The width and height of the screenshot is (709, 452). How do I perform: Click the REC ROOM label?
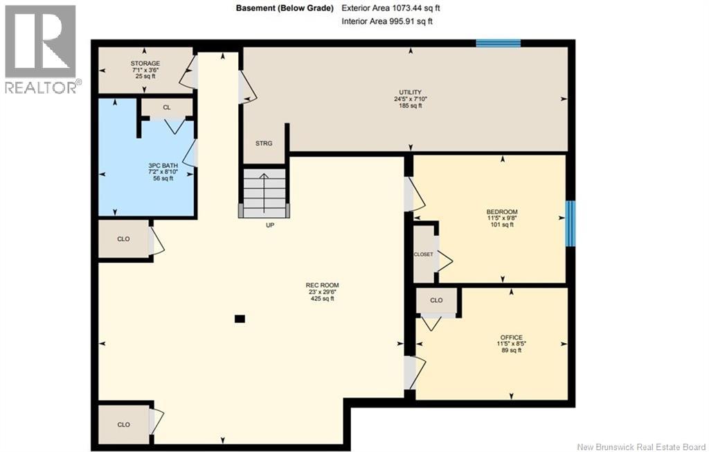click(322, 286)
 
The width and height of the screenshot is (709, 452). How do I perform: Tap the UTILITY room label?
click(410, 92)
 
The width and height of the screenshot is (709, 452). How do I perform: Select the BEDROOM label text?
click(502, 212)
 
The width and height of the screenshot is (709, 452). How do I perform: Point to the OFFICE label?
click(512, 338)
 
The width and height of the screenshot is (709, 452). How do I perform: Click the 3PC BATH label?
click(163, 166)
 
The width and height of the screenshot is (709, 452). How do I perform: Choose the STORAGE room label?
click(145, 63)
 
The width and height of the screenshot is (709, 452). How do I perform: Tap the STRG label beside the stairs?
click(264, 144)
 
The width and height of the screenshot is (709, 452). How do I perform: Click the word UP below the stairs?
click(270, 225)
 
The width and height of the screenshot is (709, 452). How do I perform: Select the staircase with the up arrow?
click(264, 193)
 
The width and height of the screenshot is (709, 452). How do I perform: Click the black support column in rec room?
click(240, 319)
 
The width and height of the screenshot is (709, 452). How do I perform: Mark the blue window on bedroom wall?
click(571, 224)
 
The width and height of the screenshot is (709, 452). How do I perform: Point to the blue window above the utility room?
click(499, 44)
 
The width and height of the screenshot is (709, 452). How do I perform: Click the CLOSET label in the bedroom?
click(424, 254)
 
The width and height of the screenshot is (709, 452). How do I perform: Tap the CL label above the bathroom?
click(167, 107)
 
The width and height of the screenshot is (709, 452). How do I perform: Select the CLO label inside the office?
click(436, 300)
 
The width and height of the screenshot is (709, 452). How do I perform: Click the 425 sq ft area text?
click(322, 299)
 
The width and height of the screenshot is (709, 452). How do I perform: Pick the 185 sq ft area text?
click(410, 105)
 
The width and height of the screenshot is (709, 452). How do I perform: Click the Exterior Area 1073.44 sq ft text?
click(391, 8)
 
